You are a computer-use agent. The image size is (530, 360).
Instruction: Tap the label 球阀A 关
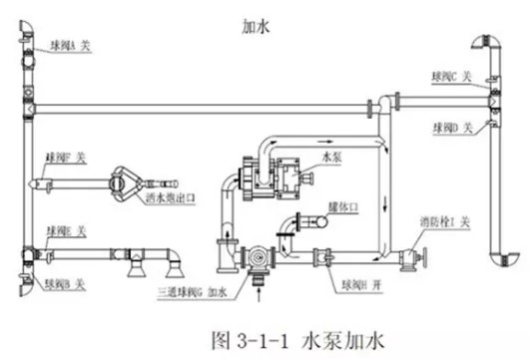point(74,43)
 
